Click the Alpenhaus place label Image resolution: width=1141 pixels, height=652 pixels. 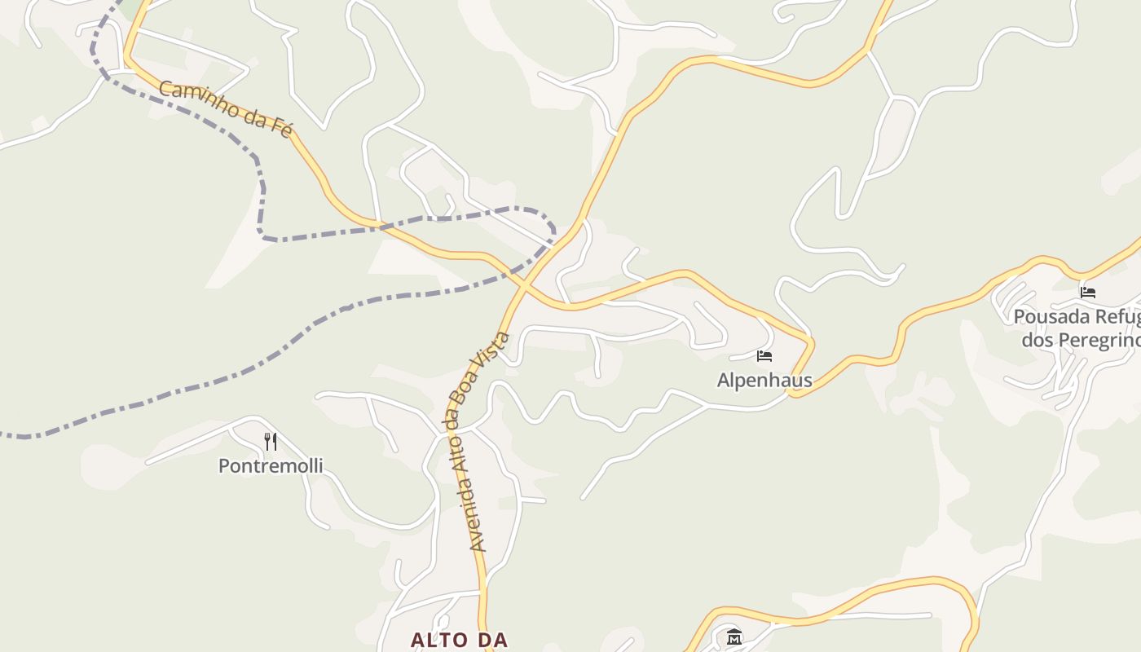pos(764,381)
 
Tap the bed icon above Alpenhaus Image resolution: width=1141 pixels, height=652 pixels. pos(764,356)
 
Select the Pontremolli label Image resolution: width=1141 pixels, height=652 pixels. pos(271,466)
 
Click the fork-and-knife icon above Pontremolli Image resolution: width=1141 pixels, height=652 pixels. pos(271,442)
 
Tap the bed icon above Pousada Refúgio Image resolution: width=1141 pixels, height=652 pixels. pos(1088,292)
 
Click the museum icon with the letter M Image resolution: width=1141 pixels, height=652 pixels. pos(733,637)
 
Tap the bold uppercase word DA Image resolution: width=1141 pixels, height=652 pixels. pos(493,641)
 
